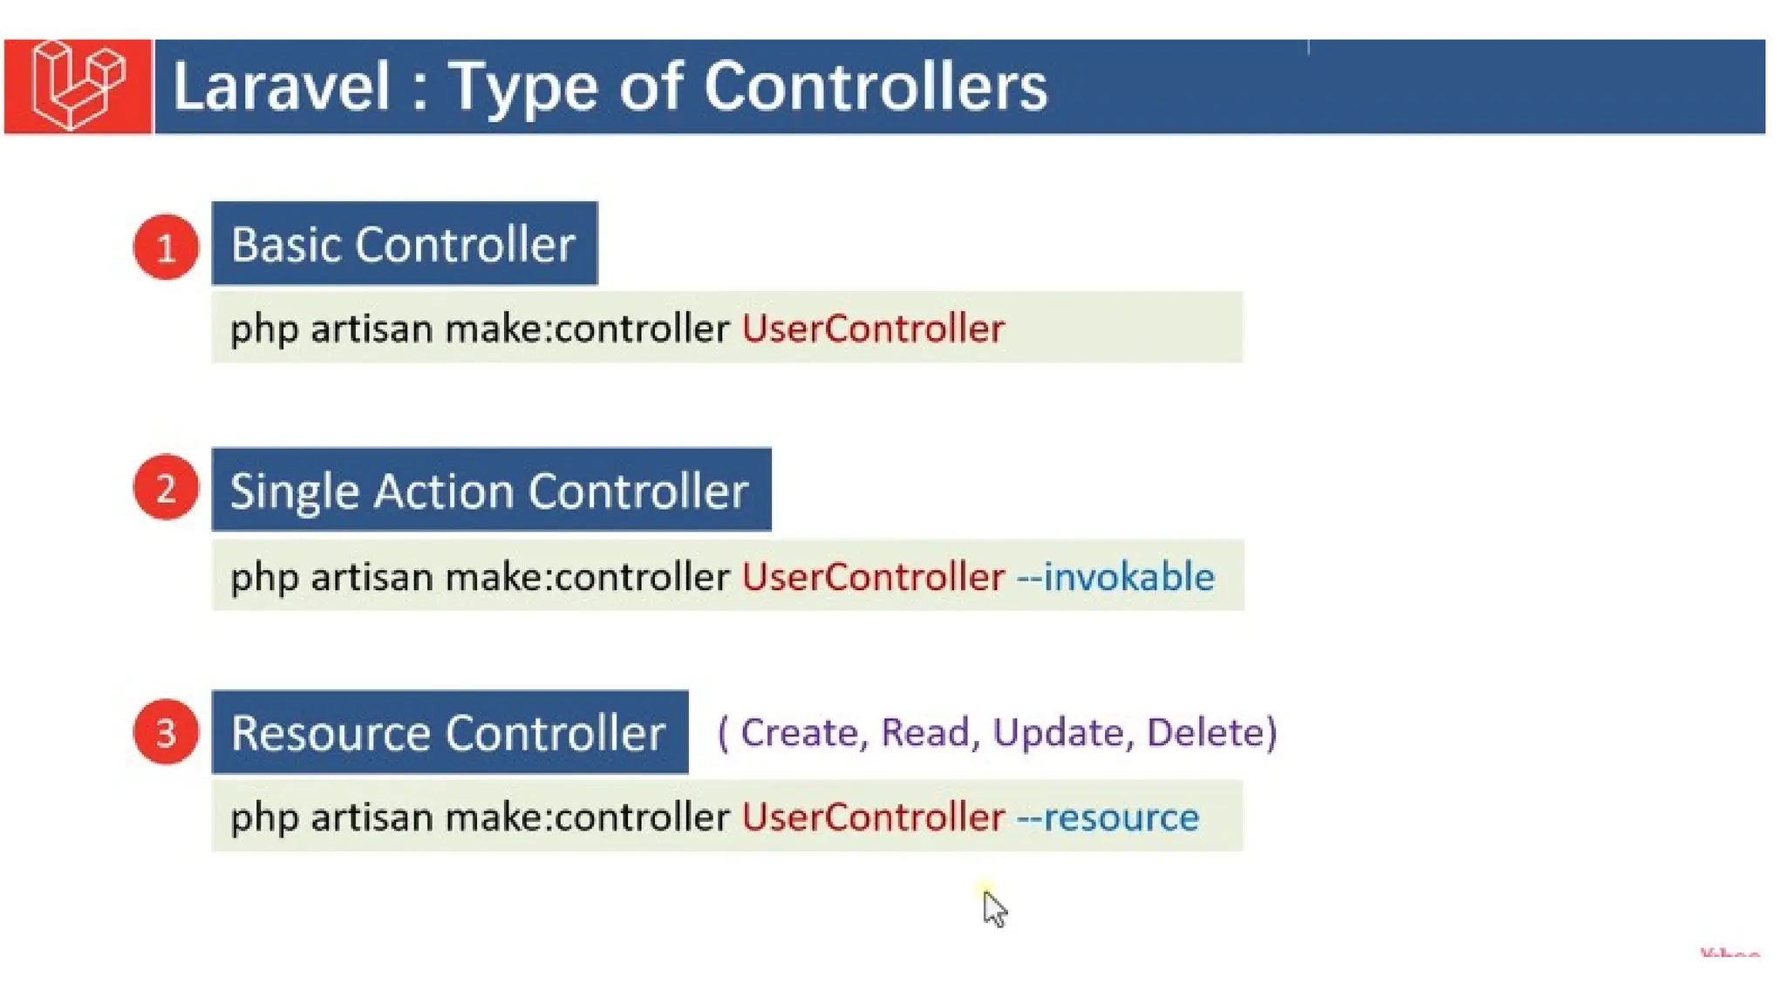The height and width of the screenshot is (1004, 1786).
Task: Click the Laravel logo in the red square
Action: pyautogui.click(x=78, y=85)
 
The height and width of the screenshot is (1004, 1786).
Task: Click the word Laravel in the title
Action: pyautogui.click(x=281, y=87)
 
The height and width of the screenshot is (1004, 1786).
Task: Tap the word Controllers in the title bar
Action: pyautogui.click(x=875, y=87)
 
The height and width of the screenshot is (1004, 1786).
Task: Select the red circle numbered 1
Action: pyautogui.click(x=166, y=248)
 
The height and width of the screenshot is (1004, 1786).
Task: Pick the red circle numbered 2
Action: pyautogui.click(x=166, y=488)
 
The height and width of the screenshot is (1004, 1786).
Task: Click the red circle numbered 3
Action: pyautogui.click(x=166, y=732)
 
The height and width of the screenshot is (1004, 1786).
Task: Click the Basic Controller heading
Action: pyautogui.click(x=404, y=244)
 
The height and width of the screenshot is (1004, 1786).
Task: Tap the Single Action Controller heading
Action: pyautogui.click(x=490, y=490)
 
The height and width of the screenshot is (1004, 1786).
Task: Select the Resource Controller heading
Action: pyautogui.click(x=449, y=732)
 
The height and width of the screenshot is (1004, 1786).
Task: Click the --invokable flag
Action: pyautogui.click(x=1115, y=577)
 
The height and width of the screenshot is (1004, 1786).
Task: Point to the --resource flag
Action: pyautogui.click(x=1108, y=817)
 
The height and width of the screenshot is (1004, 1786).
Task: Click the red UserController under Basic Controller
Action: pyautogui.click(x=873, y=329)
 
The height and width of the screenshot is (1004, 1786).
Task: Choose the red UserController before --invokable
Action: pyautogui.click(x=873, y=577)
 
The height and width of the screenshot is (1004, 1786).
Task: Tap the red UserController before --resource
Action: pyautogui.click(x=873, y=817)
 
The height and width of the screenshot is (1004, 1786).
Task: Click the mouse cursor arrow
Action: pyautogui.click(x=993, y=908)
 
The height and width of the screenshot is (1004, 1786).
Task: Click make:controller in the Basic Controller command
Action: pyautogui.click(x=587, y=329)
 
